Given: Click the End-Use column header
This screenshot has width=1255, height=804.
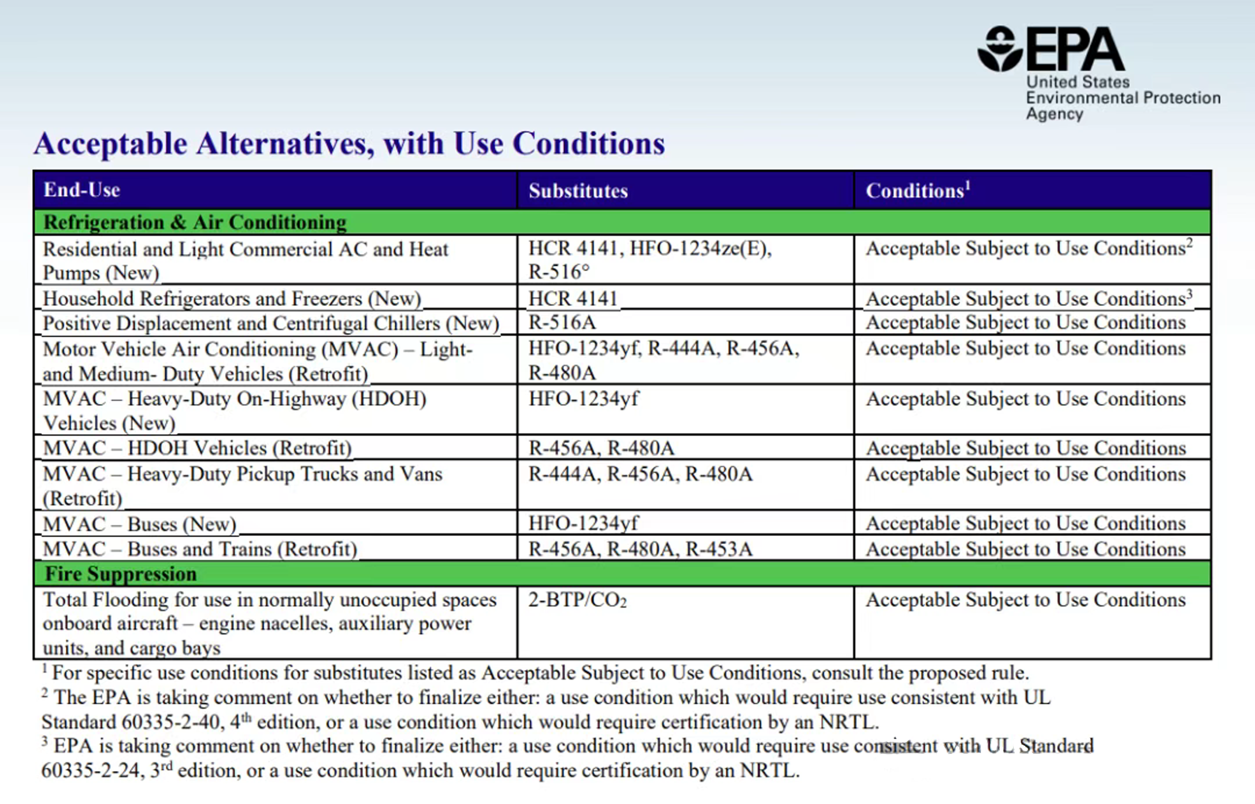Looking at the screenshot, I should tap(82, 190).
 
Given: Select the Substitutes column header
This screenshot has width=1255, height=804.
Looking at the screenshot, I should tap(578, 191).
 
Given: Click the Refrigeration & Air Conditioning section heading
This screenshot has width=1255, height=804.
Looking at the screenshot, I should tap(195, 222).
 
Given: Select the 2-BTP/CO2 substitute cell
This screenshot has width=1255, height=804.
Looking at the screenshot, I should tap(577, 600).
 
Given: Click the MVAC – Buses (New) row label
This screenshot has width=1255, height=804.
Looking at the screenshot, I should tap(139, 524).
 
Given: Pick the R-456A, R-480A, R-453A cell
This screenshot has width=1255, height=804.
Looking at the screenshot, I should tap(640, 549).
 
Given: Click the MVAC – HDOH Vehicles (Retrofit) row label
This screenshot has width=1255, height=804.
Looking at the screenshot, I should tap(197, 448).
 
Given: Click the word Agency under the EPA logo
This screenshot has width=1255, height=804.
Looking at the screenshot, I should tap(1055, 114).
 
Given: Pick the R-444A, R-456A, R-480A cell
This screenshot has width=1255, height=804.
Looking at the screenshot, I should tap(640, 474).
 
